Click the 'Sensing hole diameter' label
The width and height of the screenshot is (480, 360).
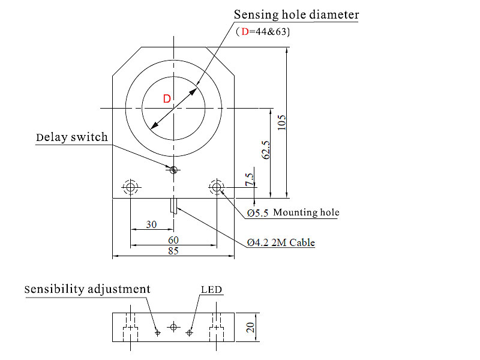[x=296, y=14]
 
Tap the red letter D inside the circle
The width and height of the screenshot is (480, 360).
[x=167, y=99]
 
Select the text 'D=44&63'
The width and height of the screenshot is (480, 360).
[x=263, y=31]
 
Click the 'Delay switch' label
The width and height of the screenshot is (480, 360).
[x=72, y=137]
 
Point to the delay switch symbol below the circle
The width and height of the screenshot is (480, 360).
[x=173, y=170]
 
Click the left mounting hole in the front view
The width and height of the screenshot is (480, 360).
[x=130, y=187]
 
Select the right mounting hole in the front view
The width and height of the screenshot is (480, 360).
[x=217, y=187]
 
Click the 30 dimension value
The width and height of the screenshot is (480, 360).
[x=151, y=224]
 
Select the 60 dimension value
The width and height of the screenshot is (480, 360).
[x=173, y=239]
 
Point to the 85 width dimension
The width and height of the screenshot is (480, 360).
[x=173, y=251]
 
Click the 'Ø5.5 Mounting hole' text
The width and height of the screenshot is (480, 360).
[x=293, y=212]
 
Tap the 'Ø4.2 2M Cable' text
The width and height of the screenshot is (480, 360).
[x=281, y=243]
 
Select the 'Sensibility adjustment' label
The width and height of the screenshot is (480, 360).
[x=88, y=289]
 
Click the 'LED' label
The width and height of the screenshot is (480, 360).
[x=211, y=290]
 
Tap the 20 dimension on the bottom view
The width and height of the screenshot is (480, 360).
[x=251, y=327]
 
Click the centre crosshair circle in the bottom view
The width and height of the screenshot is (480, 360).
[x=173, y=327]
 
